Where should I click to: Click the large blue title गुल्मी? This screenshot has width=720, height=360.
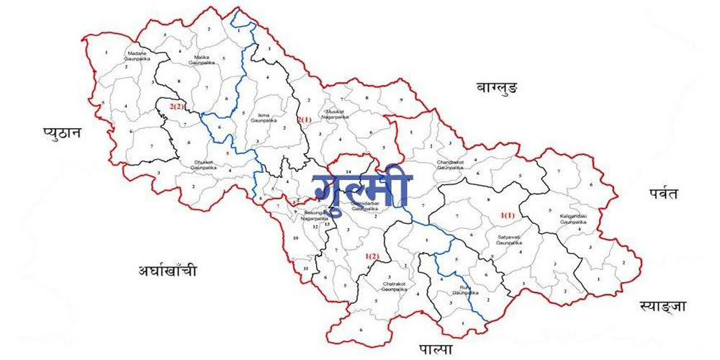[361, 189]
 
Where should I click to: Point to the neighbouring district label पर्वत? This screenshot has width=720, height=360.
[662, 193]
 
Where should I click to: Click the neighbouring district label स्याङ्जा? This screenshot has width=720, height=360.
[662, 307]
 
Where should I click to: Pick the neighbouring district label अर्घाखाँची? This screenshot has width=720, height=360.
[167, 271]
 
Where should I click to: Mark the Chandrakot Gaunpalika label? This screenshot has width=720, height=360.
[452, 166]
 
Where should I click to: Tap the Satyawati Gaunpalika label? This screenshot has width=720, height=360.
[508, 239]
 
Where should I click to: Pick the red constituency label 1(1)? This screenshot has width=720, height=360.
[508, 215]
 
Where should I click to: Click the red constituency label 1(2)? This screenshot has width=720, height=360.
[372, 256]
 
